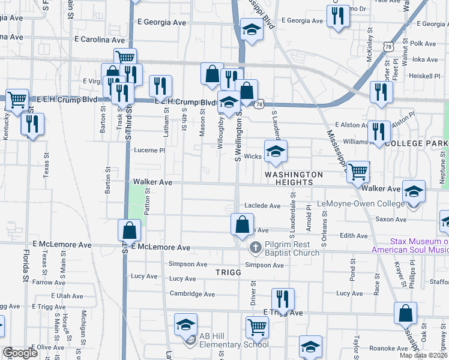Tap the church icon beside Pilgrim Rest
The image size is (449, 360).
click(x=255, y=247)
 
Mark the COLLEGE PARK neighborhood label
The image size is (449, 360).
click(x=417, y=144)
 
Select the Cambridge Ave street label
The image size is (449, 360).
click(x=192, y=294)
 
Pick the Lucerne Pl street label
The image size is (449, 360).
click(x=149, y=151)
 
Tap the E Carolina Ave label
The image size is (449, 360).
click(x=99, y=40)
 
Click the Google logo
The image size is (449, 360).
click(x=20, y=353)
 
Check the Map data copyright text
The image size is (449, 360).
click(x=423, y=355)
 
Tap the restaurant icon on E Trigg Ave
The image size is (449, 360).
click(x=283, y=299)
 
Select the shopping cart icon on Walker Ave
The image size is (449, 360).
click(x=358, y=172)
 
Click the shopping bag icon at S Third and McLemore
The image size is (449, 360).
click(x=130, y=230)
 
